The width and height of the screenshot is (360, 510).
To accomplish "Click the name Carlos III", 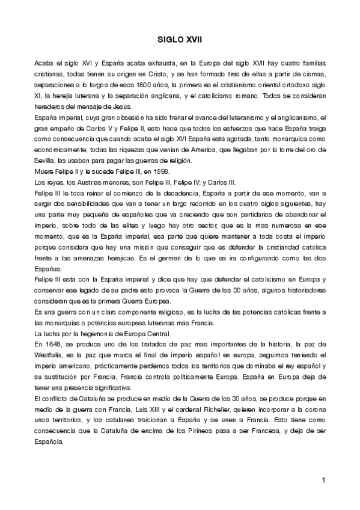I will (x=222, y=182).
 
